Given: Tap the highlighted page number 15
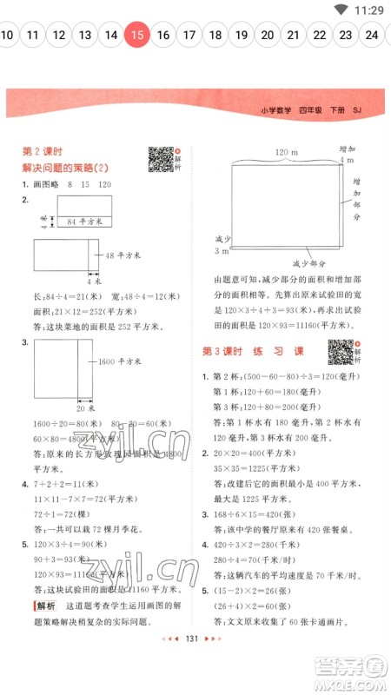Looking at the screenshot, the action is coord(137,36).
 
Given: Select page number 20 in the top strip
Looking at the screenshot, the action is coord(268,36).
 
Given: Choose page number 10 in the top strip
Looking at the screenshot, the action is coord(8,36).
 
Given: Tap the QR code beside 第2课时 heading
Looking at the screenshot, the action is coord(160,159).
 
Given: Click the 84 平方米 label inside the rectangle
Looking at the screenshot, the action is coord(84,222).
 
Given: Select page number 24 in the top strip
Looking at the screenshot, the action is coord(372,36).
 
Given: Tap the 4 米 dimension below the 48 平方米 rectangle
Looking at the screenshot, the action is coord(93,281).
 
